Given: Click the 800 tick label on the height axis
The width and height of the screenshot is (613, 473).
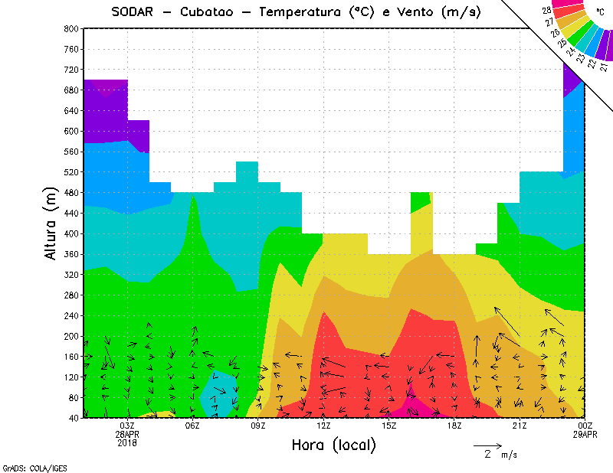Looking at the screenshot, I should click(70, 28).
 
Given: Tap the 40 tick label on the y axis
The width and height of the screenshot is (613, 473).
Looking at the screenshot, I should click(73, 418).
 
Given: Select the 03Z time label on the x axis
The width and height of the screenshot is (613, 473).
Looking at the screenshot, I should click(127, 426).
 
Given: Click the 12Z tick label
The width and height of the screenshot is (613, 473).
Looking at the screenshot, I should click(323, 426).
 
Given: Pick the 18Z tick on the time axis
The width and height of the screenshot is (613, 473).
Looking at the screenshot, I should click(454, 426).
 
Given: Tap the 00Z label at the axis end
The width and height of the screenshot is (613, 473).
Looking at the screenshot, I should click(585, 426).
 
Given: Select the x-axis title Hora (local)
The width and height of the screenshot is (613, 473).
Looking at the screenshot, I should click(334, 445).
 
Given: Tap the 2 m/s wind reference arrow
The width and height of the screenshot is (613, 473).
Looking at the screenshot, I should click(487, 445).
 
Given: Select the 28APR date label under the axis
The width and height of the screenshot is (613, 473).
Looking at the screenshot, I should click(127, 434).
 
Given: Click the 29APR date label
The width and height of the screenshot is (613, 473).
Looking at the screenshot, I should click(585, 434).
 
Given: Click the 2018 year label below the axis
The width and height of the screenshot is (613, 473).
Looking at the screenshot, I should click(127, 442).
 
